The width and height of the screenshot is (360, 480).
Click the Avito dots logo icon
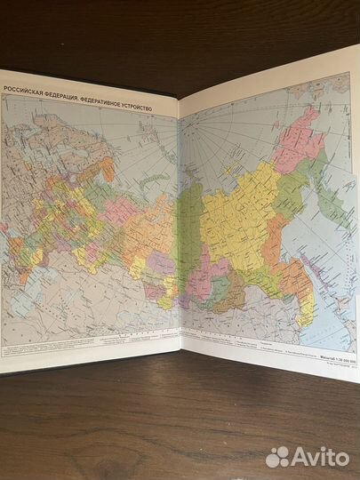pos(278,456)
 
